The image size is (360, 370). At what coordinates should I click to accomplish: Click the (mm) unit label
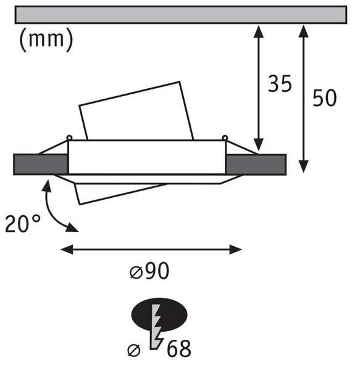46,39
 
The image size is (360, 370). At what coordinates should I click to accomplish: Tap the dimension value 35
280,83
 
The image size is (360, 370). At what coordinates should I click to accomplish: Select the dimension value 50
325,97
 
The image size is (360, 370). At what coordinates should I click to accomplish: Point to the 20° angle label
23,223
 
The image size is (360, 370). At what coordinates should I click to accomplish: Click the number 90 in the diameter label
157,271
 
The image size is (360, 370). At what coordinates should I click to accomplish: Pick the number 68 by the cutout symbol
179,349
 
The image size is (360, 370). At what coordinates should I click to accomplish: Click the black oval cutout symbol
159,314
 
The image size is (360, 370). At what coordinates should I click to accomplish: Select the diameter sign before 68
134,350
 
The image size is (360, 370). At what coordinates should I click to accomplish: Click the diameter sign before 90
136,273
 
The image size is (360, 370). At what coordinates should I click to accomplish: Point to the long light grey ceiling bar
181,15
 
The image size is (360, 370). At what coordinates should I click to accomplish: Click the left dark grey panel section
41,165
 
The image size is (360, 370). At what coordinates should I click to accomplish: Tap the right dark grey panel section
256,165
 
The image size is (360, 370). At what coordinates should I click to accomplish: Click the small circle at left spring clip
69,138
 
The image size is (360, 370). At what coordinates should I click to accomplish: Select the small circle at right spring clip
225,138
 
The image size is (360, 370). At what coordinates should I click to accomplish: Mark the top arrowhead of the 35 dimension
259,31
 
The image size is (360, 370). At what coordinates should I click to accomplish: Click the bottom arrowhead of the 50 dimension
303,166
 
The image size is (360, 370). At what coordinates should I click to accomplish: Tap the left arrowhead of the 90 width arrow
67,249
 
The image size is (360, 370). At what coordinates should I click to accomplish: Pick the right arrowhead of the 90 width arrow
235,249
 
